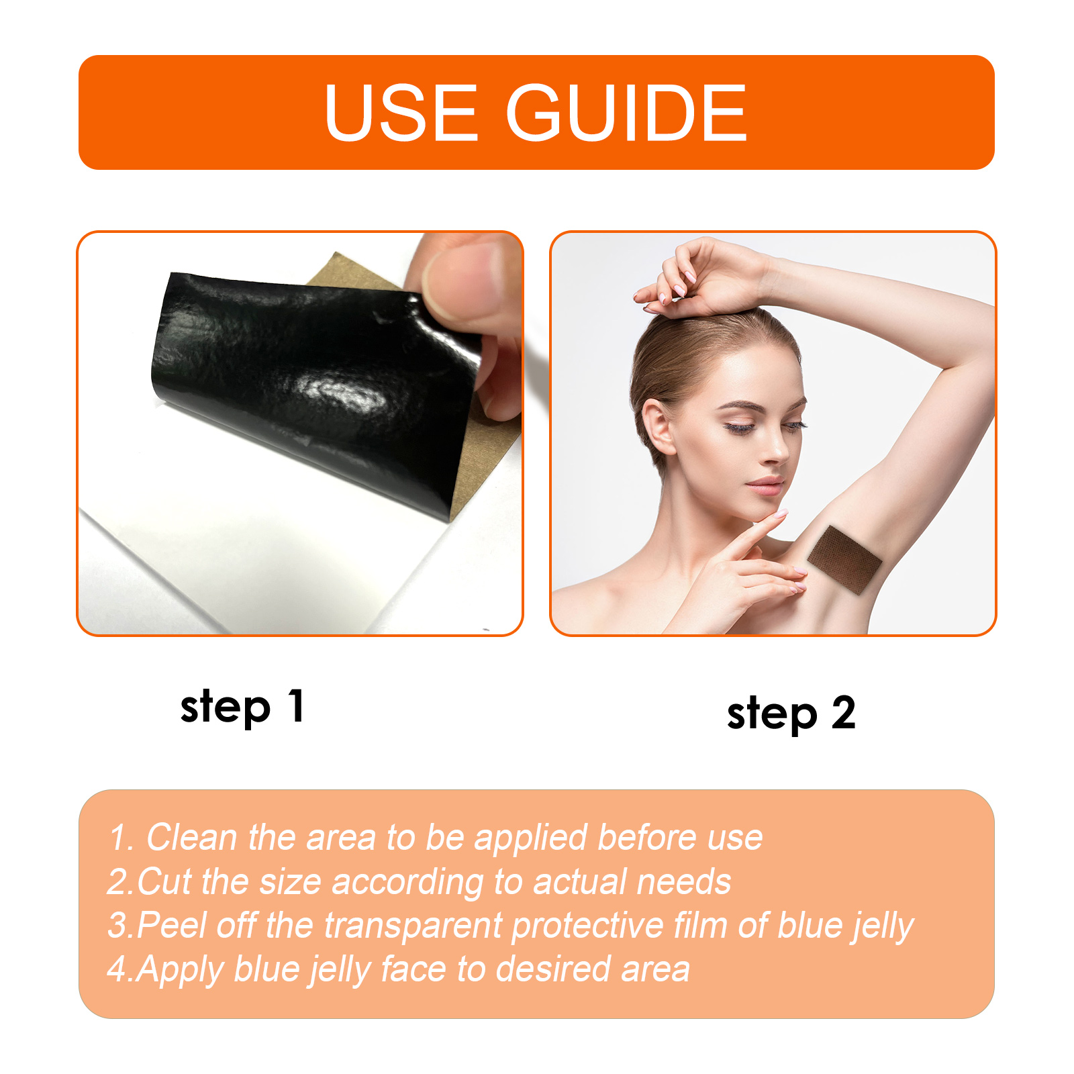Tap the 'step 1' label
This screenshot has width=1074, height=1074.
click(242, 707)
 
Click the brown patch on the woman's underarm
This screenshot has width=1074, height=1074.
click(844, 559)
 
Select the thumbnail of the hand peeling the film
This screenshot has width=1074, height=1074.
click(300, 434)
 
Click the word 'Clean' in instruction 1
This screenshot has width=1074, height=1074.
click(192, 837)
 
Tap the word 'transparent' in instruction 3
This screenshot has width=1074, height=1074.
click(413, 926)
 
